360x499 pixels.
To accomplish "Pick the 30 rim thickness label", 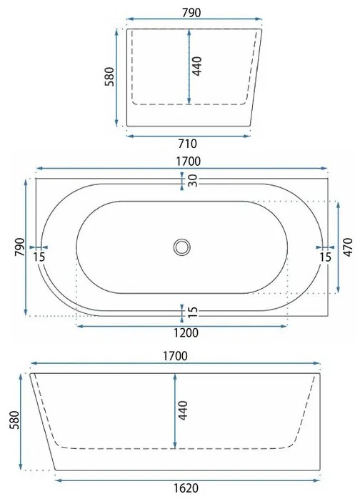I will point(193,182).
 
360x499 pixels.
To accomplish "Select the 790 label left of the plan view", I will point(21,247).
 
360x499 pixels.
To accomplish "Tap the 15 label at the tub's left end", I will point(39,256).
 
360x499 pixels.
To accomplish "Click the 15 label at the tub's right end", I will point(325,256).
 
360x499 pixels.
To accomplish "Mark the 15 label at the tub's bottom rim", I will point(193,312).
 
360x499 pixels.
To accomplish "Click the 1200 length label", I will point(180,333).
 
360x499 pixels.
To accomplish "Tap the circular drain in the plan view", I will point(181,247).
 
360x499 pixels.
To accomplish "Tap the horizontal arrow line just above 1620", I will point(187,479).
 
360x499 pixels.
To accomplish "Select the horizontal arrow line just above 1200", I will point(180,325).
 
